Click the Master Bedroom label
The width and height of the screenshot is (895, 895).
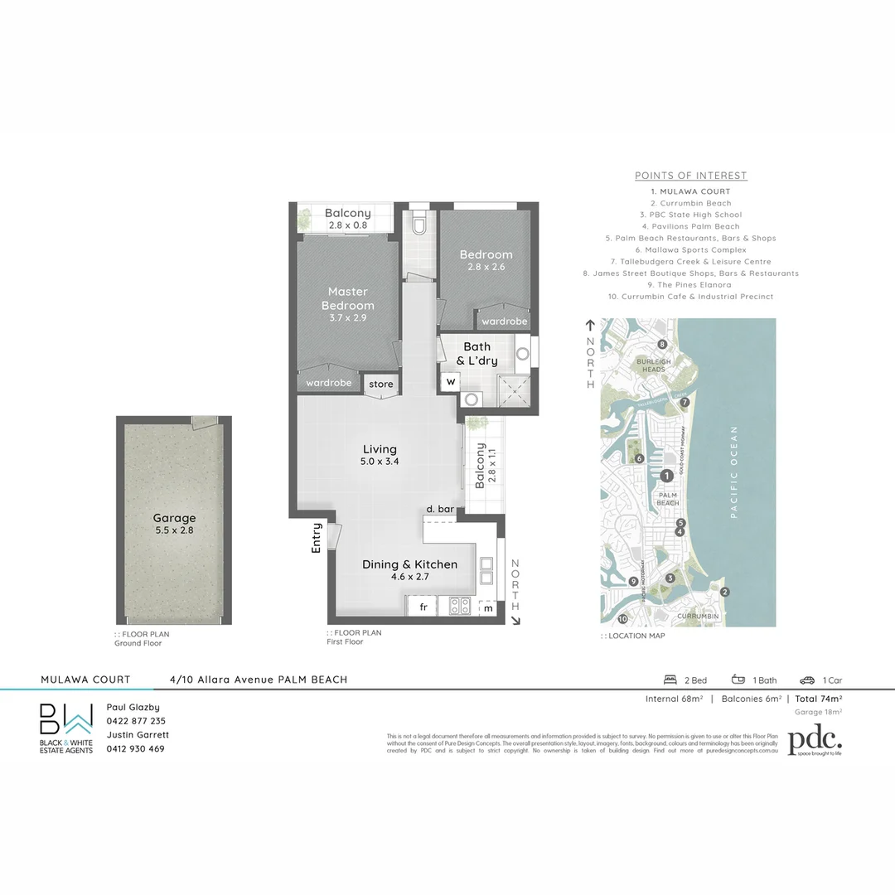348,298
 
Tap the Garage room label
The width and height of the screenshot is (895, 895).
174,518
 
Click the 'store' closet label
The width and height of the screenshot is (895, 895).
381,385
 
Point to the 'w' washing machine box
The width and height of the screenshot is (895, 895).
451,382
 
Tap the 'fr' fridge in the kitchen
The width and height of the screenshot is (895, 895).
423,607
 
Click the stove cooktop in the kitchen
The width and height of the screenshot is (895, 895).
460,607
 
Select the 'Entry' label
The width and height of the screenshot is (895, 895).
317,537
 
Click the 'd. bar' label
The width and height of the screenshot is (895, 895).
439,509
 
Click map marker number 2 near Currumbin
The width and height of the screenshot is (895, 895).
724,592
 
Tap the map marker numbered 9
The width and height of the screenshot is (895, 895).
633,582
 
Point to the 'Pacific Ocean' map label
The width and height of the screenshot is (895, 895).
733,472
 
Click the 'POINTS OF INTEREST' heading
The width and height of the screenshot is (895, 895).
691,176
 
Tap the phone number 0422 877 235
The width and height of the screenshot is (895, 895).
136,721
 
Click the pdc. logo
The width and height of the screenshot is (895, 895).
815,742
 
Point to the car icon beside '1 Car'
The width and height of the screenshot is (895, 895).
807,680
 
